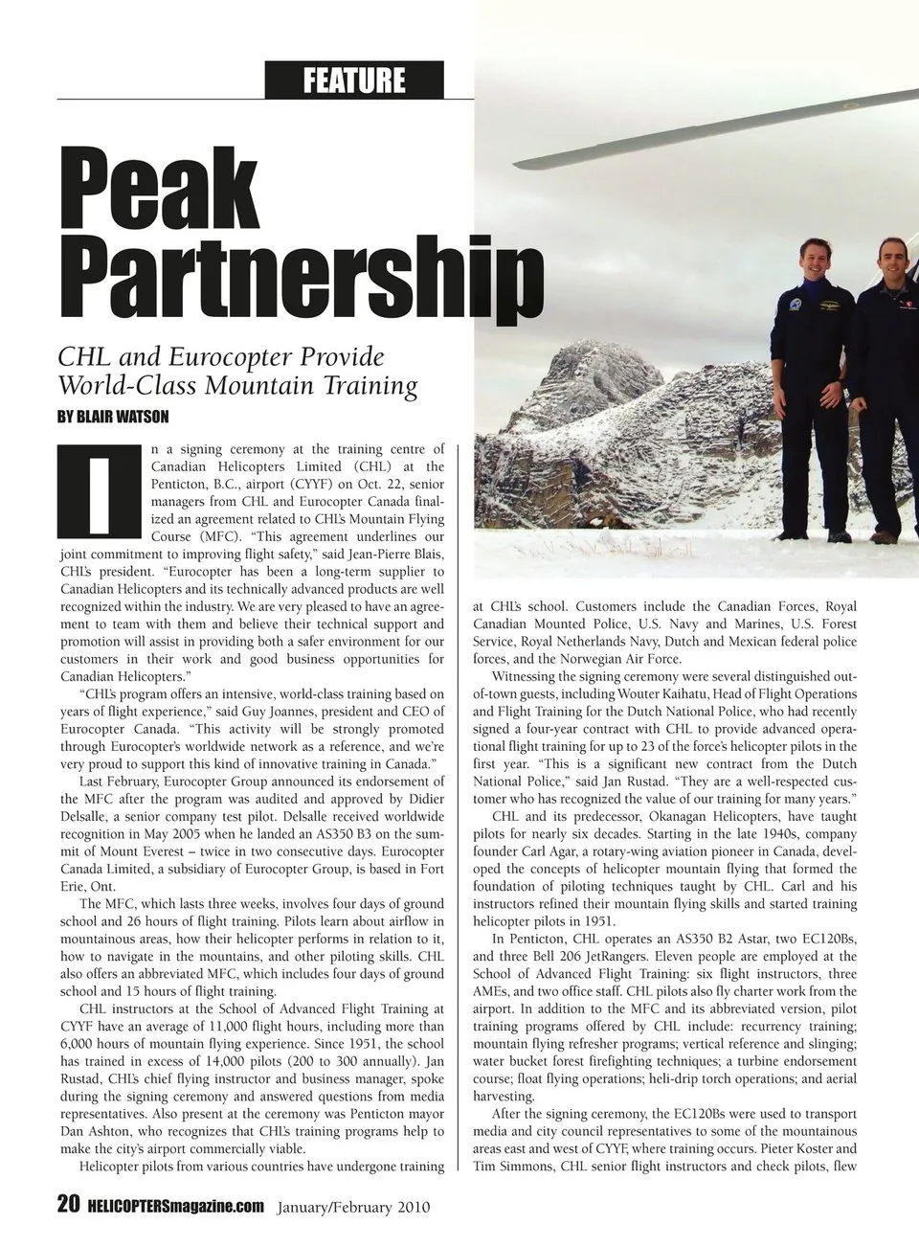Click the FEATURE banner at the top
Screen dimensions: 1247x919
[354, 80]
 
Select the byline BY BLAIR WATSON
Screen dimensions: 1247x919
[114, 417]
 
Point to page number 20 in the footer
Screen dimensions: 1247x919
[68, 1204]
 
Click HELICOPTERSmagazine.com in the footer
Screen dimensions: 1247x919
[175, 1205]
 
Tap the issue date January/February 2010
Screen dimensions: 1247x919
[354, 1206]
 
